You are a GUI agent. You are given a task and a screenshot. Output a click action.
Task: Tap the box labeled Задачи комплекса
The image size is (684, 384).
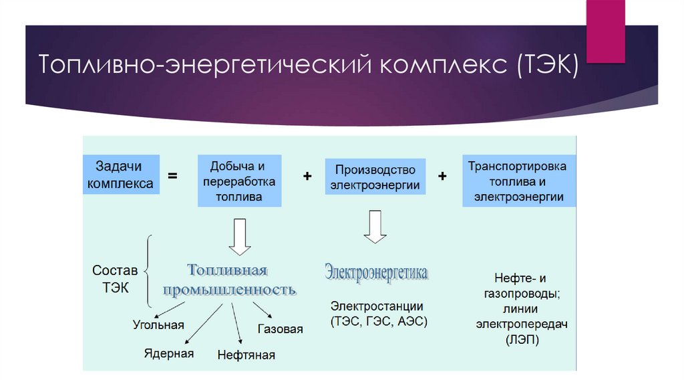(122, 174)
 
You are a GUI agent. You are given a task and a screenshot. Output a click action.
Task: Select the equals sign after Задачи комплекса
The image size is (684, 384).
(173, 176)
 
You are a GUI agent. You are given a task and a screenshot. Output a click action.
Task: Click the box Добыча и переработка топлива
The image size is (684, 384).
(239, 181)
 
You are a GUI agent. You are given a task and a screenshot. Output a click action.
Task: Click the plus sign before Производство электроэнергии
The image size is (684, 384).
(307, 176)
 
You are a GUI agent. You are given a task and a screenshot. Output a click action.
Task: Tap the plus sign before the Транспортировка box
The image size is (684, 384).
(442, 176)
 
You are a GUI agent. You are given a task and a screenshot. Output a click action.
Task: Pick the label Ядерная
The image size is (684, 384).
(169, 353)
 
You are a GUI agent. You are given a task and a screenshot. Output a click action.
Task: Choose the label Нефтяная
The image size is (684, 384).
(246, 355)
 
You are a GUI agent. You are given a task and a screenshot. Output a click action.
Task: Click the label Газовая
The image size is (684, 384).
(280, 329)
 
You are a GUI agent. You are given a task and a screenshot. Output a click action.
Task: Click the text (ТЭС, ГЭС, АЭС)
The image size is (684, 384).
(378, 321)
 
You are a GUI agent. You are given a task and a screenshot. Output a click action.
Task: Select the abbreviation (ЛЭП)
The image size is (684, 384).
(522, 340)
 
